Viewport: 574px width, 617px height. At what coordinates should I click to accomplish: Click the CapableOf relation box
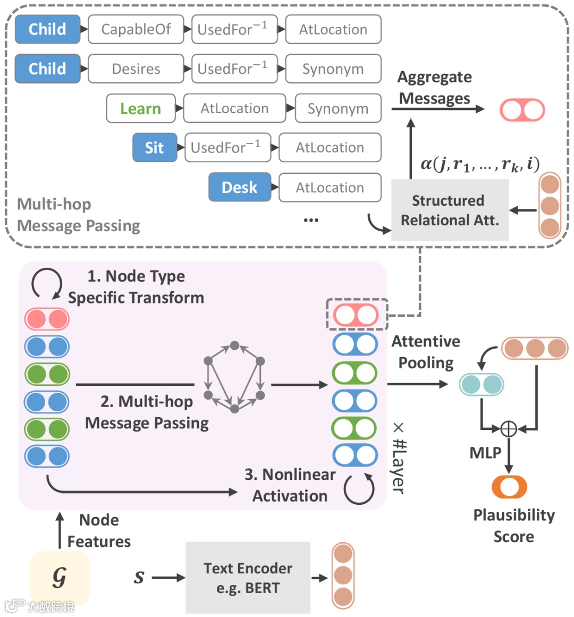point(136,29)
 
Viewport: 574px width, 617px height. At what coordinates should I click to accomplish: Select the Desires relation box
point(136,69)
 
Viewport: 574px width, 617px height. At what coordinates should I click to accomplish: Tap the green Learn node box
point(141,108)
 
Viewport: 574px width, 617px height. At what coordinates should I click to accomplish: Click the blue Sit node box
point(155,147)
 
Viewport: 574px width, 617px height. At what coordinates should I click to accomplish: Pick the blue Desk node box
point(239,187)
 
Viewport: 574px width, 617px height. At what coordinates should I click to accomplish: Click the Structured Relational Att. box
point(450,210)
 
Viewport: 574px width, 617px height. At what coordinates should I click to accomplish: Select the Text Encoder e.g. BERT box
point(248,578)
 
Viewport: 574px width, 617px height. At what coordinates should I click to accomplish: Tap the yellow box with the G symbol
point(60,577)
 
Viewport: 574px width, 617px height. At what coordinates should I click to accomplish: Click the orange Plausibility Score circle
point(509,486)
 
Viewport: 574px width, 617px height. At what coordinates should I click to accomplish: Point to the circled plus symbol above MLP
point(509,428)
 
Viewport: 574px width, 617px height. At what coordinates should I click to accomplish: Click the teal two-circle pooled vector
point(481,384)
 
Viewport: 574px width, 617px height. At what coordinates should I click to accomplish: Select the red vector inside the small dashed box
point(356,315)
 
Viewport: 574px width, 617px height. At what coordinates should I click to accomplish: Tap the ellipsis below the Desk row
point(311,220)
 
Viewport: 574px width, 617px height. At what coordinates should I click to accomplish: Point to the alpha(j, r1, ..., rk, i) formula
point(480,164)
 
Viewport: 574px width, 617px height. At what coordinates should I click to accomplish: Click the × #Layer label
point(399,457)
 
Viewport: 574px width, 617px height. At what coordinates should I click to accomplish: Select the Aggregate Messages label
point(435,88)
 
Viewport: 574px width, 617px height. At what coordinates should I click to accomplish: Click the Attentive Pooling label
point(426,352)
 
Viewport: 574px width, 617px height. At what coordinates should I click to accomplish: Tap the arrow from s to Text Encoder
point(167,578)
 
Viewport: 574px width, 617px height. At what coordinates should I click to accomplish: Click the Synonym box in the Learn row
point(338,108)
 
